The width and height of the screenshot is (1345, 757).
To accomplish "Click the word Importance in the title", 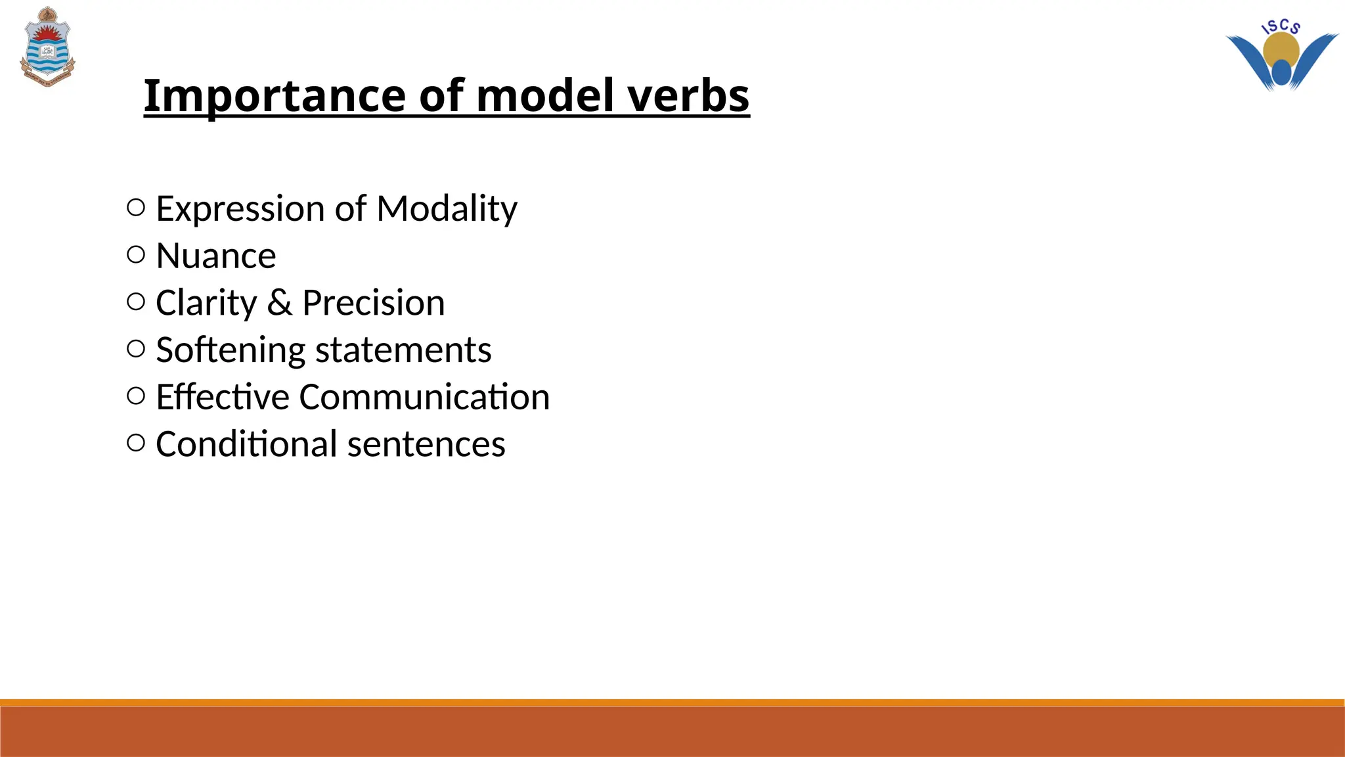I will [275, 96].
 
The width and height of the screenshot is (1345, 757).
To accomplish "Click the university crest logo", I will [47, 47].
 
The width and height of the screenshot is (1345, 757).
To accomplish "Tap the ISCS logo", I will [1281, 56].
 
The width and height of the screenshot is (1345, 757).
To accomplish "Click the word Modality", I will [447, 209].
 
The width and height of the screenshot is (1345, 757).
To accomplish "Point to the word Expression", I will [240, 209].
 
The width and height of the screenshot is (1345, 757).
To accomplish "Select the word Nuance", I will [215, 256].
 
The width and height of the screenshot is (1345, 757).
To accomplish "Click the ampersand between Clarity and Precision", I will [279, 303].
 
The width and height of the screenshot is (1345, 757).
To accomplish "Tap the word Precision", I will [373, 303].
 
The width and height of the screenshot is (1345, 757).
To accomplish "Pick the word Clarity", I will [206, 303].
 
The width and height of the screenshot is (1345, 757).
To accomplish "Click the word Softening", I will [230, 350].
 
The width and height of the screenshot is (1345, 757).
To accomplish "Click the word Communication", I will [424, 398].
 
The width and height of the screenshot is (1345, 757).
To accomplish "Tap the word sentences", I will [426, 444].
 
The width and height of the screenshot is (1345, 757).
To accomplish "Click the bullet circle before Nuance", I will [135, 255].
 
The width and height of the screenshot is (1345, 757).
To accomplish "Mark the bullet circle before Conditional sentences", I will [135, 443].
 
